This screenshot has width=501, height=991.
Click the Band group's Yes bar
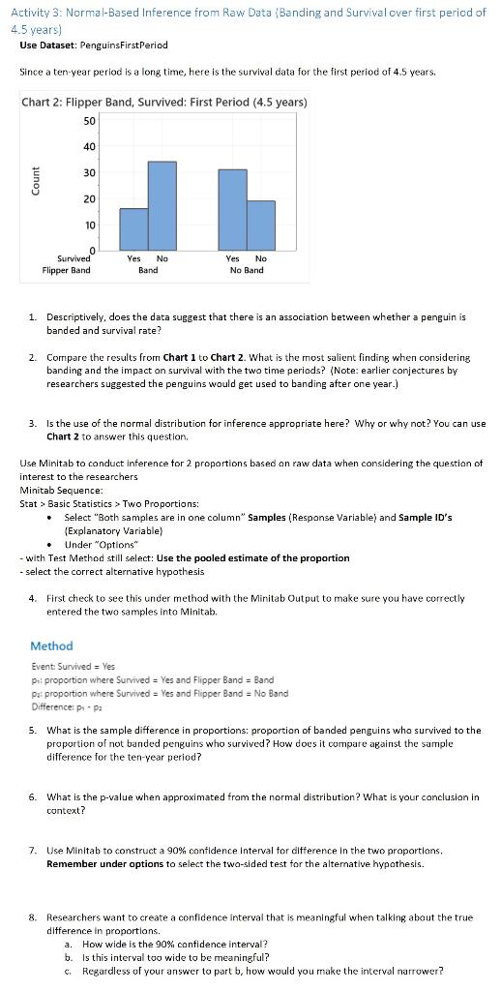click(133, 229)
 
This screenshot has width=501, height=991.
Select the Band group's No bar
click(162, 206)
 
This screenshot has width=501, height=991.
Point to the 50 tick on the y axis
click(90, 120)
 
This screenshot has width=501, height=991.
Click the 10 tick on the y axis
click(90, 225)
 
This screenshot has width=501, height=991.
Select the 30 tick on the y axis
click(90, 172)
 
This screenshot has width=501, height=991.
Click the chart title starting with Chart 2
click(164, 102)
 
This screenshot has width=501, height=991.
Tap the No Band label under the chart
click(246, 270)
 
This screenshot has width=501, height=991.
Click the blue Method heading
click(51, 646)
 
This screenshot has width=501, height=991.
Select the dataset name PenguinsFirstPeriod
click(127, 45)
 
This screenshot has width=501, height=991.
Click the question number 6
click(32, 797)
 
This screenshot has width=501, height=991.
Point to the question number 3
click(32, 423)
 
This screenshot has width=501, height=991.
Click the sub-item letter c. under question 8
click(67, 971)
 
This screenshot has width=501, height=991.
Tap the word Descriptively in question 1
click(77, 316)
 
